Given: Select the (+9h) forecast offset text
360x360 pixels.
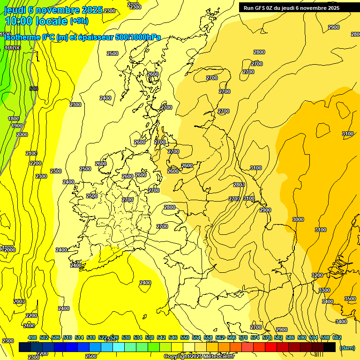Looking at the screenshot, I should tap(81, 21).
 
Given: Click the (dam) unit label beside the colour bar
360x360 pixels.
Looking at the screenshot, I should tap(347, 347).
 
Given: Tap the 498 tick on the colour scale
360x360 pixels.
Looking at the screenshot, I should tap(32, 337).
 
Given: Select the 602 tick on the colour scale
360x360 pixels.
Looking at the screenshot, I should tap(337, 337).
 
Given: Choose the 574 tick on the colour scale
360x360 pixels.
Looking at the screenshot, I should tap(255, 337).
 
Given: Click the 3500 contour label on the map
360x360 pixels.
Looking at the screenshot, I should tap(350, 299).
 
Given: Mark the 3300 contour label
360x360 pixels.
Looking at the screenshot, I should tap(324, 291).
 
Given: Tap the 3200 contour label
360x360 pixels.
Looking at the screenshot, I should tap(317, 275).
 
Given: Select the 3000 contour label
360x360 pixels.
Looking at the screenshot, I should tap(298, 219).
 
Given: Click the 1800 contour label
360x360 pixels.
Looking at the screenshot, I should tap(14, 119).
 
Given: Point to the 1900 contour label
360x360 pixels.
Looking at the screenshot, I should tap(17, 126).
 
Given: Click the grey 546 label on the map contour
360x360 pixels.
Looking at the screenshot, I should tap(33, 89).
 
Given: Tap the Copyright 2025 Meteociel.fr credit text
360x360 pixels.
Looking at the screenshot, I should tap(199, 356).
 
